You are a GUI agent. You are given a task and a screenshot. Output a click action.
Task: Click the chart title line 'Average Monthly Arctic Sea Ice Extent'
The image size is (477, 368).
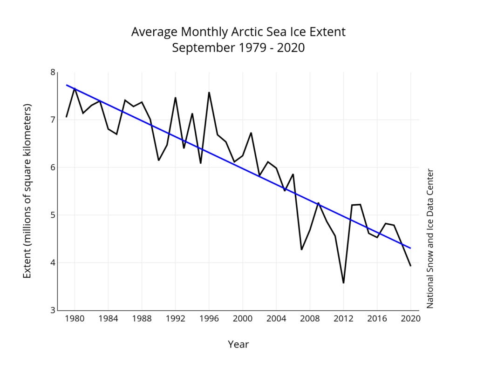238,32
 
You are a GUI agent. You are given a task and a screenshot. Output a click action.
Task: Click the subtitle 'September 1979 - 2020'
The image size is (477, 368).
238,47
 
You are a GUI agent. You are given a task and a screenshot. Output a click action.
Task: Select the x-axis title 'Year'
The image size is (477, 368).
238,344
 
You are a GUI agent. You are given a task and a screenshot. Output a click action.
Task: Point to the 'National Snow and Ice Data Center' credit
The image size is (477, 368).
430,238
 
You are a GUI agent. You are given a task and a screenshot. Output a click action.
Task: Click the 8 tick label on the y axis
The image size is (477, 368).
53,72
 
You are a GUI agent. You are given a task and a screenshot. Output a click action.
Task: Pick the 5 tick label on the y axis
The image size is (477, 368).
53,215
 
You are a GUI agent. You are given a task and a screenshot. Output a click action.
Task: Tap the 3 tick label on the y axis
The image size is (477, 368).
53,310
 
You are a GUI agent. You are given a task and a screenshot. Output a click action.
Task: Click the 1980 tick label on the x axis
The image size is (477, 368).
75,319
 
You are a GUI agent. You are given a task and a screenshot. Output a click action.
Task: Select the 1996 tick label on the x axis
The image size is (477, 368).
209,319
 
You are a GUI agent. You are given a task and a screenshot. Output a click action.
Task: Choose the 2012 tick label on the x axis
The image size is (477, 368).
343,319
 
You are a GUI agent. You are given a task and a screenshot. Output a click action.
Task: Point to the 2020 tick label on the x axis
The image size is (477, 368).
410,319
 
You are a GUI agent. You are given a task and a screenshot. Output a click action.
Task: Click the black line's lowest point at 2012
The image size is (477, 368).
343,283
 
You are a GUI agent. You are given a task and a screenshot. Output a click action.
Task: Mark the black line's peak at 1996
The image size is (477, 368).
209,92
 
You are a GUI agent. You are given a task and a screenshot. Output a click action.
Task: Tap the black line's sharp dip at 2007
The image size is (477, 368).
301,250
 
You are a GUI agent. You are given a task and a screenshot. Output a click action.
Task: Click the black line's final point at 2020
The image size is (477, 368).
410,266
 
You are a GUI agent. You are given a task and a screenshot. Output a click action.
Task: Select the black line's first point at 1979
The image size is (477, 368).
66,117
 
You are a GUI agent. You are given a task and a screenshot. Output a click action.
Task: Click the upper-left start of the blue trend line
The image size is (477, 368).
66,85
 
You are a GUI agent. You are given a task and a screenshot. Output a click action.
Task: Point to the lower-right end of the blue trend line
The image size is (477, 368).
410,248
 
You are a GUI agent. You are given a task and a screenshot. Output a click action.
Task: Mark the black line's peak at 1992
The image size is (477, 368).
175,98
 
